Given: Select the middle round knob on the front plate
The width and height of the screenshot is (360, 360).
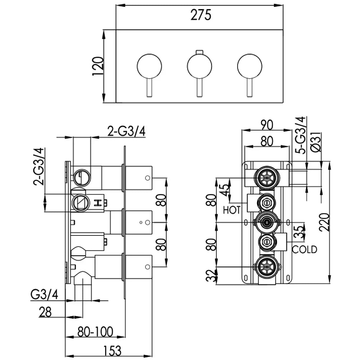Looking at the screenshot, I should click(199, 66).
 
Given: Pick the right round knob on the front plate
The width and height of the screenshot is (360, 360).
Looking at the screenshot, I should click(249, 66).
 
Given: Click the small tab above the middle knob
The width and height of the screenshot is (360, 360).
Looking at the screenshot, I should click(199, 52).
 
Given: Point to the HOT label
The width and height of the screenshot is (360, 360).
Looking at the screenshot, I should click(231, 210).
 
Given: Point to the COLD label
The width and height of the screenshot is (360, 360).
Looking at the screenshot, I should click(304, 249).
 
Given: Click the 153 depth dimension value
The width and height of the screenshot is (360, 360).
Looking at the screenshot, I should click(109, 350).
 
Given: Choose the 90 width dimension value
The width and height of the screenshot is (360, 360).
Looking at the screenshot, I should click(266, 125).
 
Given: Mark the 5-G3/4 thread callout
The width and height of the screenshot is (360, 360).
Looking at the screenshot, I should click(300, 135).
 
